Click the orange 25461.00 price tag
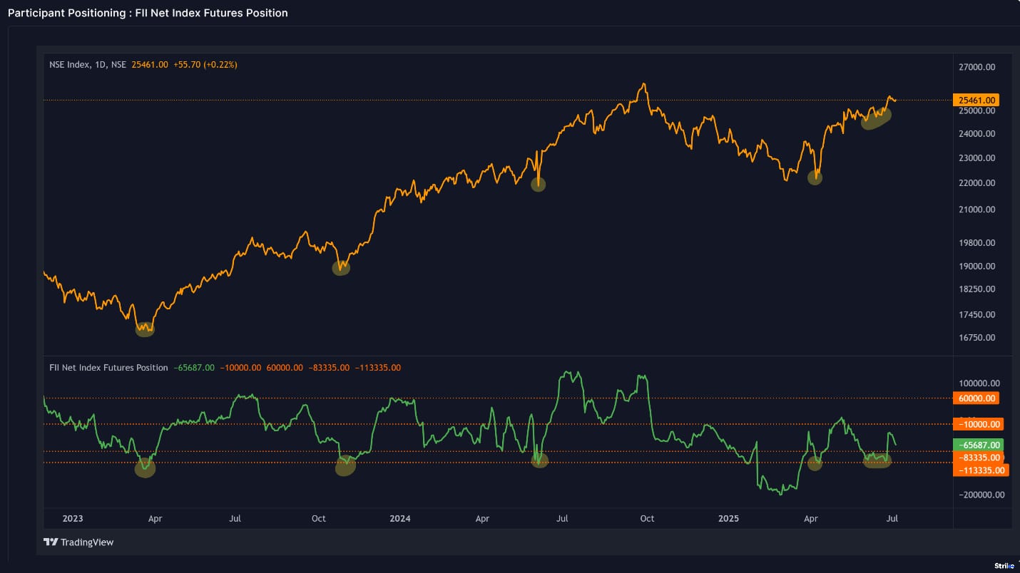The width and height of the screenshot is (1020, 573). click(x=976, y=100)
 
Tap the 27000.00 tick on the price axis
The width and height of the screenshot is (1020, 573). click(x=976, y=67)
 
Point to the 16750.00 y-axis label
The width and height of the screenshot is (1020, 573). click(x=976, y=337)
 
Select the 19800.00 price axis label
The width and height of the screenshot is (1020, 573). click(x=976, y=242)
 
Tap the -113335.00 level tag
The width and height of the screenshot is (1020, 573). click(x=980, y=470)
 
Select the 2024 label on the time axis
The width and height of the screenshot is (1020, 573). click(x=400, y=518)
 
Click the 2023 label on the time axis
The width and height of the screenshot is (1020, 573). click(x=73, y=518)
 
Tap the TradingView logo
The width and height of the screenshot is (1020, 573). click(x=78, y=542)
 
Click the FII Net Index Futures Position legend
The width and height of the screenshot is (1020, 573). click(x=108, y=368)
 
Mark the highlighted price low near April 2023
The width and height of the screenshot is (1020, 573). click(x=145, y=329)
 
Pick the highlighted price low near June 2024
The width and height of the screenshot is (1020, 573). click(x=538, y=184)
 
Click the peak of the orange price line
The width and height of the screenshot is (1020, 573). click(x=644, y=83)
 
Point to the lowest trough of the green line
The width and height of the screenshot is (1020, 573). click(x=781, y=494)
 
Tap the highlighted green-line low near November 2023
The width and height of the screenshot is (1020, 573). click(x=345, y=466)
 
